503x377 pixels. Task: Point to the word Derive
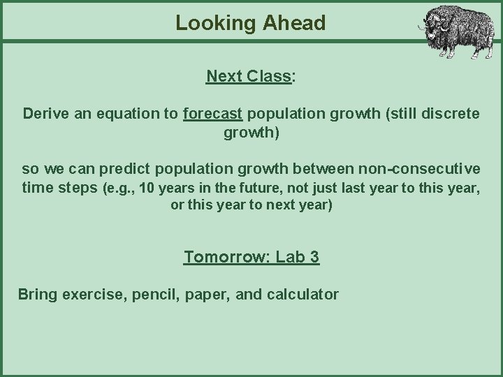[45, 113]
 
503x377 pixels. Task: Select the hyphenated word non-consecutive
[418, 169]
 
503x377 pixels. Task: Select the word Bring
[38, 295]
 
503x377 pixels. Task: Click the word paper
[207, 295]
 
